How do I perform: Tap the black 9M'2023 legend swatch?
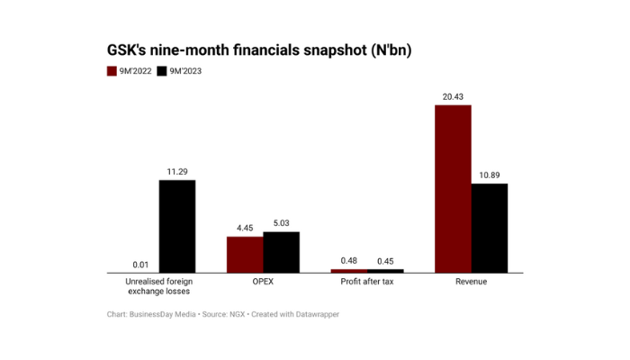(161, 70)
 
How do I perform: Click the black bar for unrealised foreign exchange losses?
(177, 226)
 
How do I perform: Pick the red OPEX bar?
(245, 254)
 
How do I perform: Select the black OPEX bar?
(281, 252)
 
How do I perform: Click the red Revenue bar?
(453, 189)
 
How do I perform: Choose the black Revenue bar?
(490, 228)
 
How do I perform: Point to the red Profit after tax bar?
(349, 270)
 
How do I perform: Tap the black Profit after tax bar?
(385, 270)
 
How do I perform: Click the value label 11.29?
(177, 172)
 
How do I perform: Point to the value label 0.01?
(140, 265)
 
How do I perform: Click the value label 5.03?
(281, 223)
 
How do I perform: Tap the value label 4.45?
(245, 229)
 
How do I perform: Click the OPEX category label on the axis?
(263, 282)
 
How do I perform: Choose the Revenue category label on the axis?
(471, 282)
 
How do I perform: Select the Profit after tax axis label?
(367, 282)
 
